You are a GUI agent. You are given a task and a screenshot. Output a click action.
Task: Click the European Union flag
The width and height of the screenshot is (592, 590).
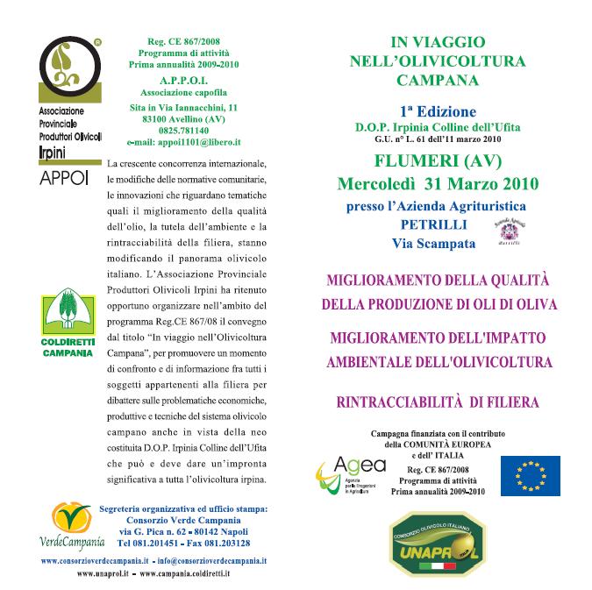[530, 475]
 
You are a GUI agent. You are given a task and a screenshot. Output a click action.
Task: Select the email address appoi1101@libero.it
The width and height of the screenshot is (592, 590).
[184, 141]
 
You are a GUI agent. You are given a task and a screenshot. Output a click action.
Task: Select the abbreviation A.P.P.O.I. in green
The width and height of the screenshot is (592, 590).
[184, 79]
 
